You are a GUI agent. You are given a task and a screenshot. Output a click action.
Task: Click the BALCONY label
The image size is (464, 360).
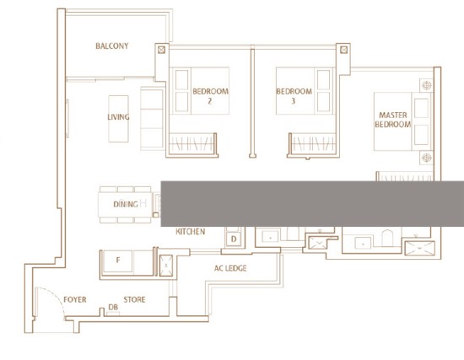tap(112, 46)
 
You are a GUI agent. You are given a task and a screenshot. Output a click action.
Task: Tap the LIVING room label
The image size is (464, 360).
tap(118, 117)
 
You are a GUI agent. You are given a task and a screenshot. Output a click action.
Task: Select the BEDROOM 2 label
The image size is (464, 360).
tap(210, 96)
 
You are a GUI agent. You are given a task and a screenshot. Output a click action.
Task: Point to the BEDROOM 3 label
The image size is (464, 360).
tap(294, 96)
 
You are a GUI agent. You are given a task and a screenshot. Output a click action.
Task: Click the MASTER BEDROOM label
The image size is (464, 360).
tap(393, 120)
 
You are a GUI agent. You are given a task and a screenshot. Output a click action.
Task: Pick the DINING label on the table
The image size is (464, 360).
tap(126, 204)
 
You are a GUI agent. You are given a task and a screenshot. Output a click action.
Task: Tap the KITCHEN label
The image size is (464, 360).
tap(191, 231)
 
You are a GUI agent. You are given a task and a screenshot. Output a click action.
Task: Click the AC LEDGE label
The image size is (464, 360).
tap(230, 268)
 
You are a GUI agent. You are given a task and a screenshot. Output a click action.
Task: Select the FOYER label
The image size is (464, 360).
tap(75, 299)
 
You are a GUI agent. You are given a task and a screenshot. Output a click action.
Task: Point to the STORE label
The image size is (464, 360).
tap(134, 299)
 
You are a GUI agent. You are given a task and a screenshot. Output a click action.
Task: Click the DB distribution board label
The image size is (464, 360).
tap(113, 308)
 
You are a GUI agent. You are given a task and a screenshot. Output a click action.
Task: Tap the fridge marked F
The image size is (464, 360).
tap(118, 261)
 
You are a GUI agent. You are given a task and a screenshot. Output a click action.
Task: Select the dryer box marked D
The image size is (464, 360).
tap(234, 239)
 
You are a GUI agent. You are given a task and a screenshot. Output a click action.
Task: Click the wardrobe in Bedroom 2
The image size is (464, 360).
tap(192, 144)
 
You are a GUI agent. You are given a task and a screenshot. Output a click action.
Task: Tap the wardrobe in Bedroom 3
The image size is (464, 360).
tap(313, 144)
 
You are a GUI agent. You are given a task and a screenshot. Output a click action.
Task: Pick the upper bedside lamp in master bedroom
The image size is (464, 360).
tap(426, 85)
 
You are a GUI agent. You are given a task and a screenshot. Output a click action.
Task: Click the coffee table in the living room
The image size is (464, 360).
tap(118, 119)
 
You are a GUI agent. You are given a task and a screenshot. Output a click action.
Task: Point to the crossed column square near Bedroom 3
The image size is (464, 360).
tap(343, 50)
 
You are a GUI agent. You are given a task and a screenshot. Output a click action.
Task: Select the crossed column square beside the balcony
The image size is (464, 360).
tap(162, 50)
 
